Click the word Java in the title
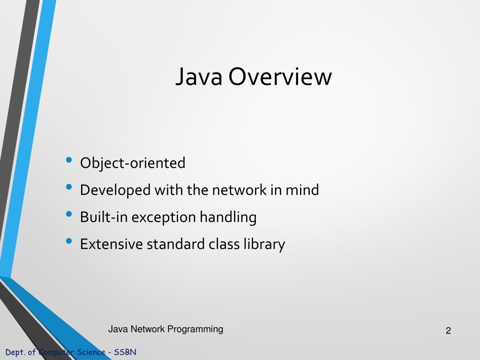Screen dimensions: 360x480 click(x=198, y=77)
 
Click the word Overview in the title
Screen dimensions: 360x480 click(x=280, y=77)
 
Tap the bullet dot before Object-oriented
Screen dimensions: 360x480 click(x=69, y=160)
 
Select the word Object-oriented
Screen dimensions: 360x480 click(x=133, y=163)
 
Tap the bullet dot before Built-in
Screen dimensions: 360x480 click(x=69, y=214)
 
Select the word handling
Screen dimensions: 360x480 click(x=228, y=217)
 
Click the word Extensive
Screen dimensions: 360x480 click(x=112, y=244)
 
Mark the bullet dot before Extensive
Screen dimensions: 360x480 click(x=69, y=241)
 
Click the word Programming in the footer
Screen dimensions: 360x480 click(x=195, y=329)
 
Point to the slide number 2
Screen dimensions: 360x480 click(x=448, y=331)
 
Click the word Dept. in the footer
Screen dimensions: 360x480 click(x=15, y=352)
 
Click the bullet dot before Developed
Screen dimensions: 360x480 click(x=69, y=187)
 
